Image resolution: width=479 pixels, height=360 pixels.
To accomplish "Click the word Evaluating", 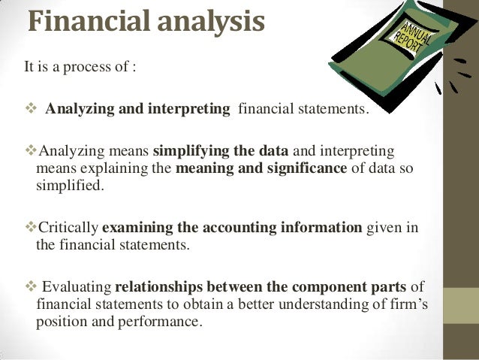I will coord(77,288).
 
